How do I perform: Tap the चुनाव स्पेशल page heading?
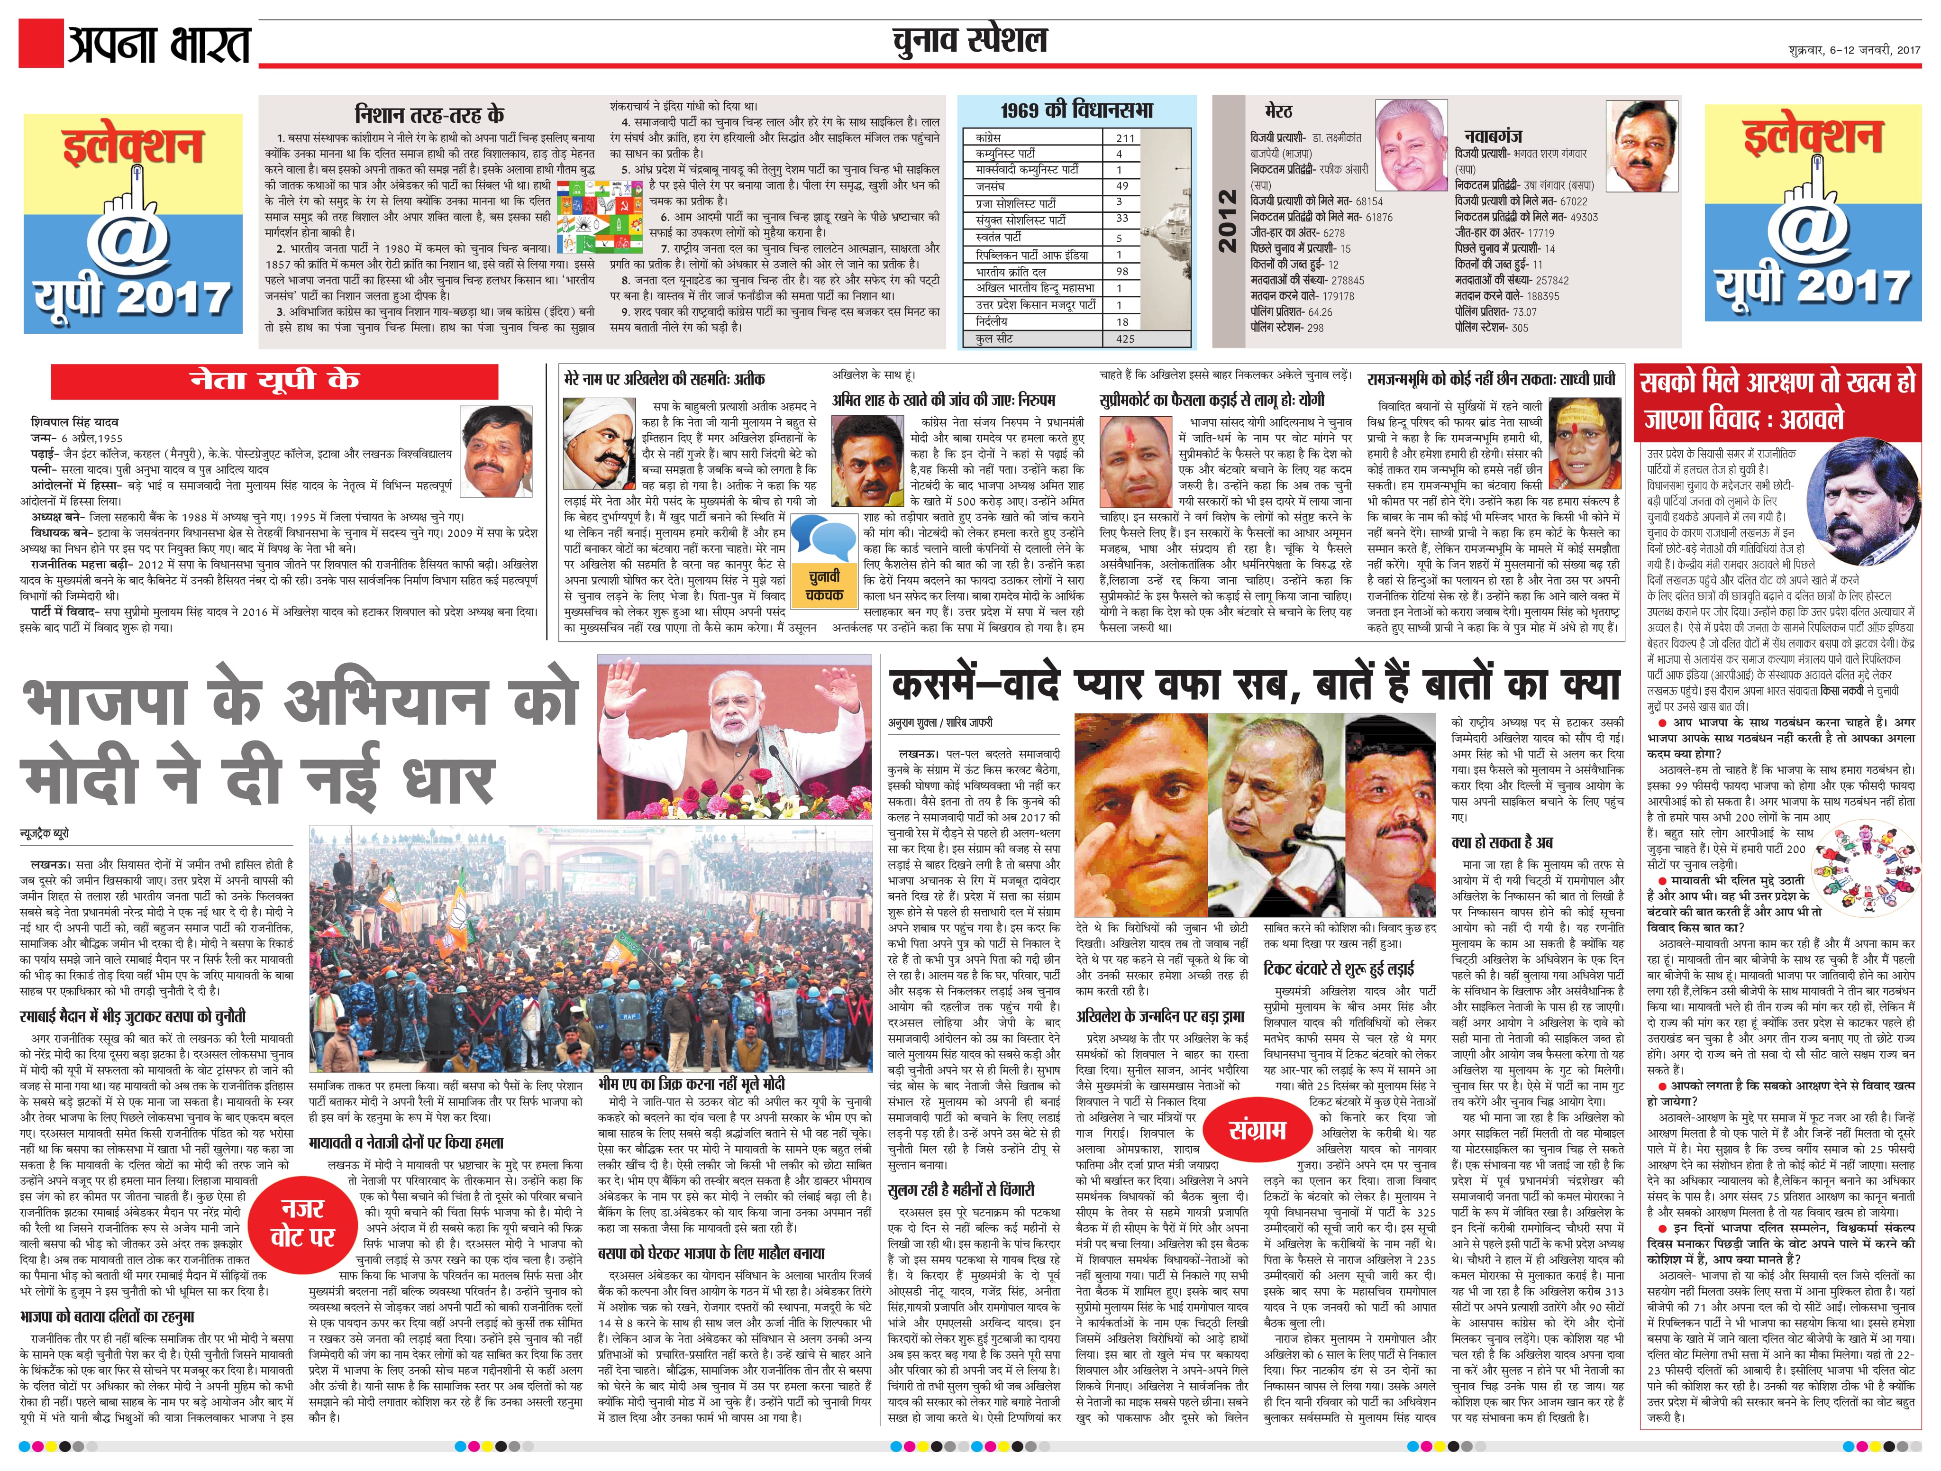(x=970, y=41)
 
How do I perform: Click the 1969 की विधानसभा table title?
(x=1077, y=110)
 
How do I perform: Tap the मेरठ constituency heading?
(x=1278, y=111)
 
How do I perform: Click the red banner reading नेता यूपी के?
(x=274, y=381)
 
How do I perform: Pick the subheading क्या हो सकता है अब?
(x=1502, y=842)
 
